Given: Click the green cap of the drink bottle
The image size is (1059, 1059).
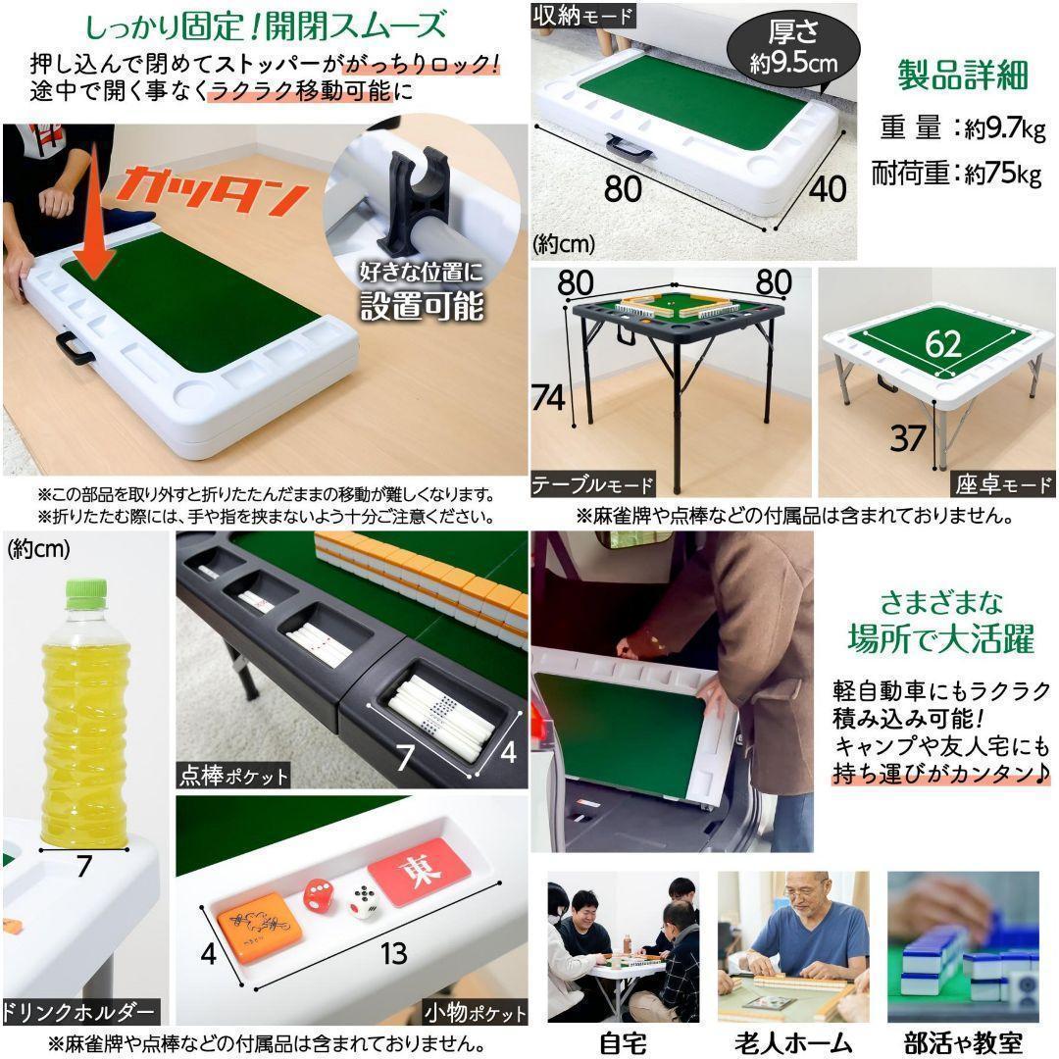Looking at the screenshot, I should click(x=85, y=591).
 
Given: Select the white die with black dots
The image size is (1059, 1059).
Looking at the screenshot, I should click(x=365, y=900).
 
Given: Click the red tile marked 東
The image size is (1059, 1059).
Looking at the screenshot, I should click(x=419, y=871).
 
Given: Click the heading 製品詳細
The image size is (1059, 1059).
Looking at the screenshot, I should click(x=963, y=76).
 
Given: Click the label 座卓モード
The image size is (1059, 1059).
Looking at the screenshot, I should click(x=1002, y=484).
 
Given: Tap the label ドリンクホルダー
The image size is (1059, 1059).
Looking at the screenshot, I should click(x=80, y=1011).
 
